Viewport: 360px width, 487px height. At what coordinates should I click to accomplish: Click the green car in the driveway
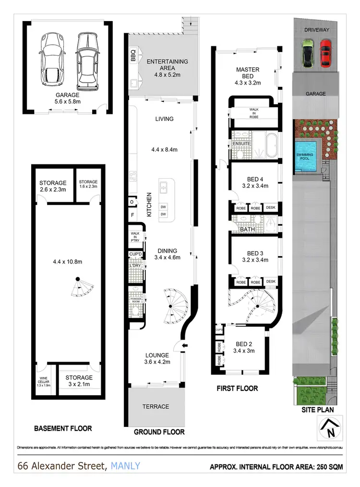tap(307, 53)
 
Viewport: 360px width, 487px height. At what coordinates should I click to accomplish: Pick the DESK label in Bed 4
tap(271, 208)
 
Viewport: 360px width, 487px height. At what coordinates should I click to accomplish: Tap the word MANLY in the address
tap(126, 465)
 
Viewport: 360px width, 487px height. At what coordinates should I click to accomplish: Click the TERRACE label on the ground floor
tap(156, 406)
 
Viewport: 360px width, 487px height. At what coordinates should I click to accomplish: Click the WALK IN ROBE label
tap(254, 112)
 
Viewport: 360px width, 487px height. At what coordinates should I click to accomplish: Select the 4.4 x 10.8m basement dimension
tap(68, 262)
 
